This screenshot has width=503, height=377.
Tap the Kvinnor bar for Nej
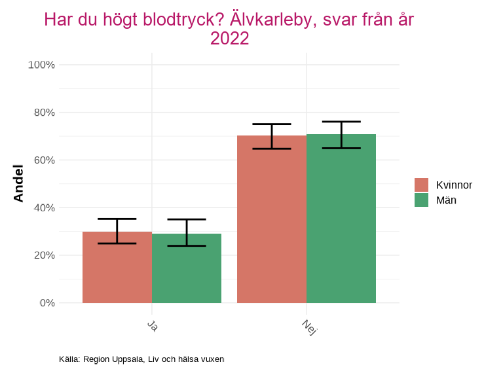click(272, 219)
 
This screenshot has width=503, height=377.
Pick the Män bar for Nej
click(341, 219)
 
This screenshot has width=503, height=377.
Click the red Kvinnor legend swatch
click(421, 185)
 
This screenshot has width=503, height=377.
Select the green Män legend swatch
click(421, 200)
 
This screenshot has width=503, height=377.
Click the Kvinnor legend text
click(454, 185)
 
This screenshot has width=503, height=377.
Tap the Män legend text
click(446, 200)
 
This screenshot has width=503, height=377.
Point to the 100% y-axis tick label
click(41, 65)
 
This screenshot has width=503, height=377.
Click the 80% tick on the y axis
click(43, 113)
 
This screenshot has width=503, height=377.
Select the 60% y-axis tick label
click(43, 160)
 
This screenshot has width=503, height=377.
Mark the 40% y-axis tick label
click(43, 208)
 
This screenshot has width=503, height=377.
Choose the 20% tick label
click(43, 255)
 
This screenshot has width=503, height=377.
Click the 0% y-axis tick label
click(46, 303)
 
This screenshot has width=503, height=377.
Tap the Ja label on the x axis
click(152, 325)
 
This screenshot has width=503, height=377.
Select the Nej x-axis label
click(309, 327)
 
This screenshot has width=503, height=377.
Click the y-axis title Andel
click(18, 183)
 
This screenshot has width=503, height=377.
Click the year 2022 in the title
click(229, 39)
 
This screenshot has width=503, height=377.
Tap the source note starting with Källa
click(141, 359)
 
